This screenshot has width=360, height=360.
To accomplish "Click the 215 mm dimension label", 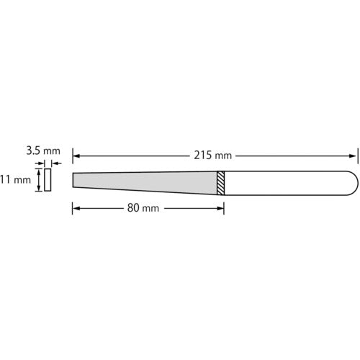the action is [212, 156].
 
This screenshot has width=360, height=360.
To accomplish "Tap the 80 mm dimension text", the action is [143, 208].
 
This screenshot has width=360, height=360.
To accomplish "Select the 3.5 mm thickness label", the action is [43, 151].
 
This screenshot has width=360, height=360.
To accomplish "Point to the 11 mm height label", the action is [15, 180].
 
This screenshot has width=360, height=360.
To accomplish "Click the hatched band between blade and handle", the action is [221, 183].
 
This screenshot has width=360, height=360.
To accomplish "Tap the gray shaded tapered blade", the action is [145, 183].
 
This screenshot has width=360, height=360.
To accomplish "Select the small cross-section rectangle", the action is [48, 180].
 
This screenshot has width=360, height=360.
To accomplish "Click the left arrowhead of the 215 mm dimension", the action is [76, 156].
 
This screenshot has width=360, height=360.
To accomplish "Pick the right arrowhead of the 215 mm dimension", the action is [353, 156].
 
